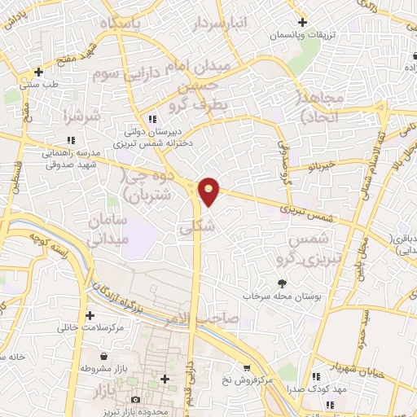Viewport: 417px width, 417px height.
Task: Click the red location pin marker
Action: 209,191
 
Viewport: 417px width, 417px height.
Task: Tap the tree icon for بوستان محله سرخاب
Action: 282,283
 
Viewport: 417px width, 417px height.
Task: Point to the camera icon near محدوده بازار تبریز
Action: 135,399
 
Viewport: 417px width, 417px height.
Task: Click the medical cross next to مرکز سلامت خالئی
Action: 88,315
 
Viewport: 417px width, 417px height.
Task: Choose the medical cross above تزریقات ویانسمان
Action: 302,23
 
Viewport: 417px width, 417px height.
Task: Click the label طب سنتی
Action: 38,84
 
